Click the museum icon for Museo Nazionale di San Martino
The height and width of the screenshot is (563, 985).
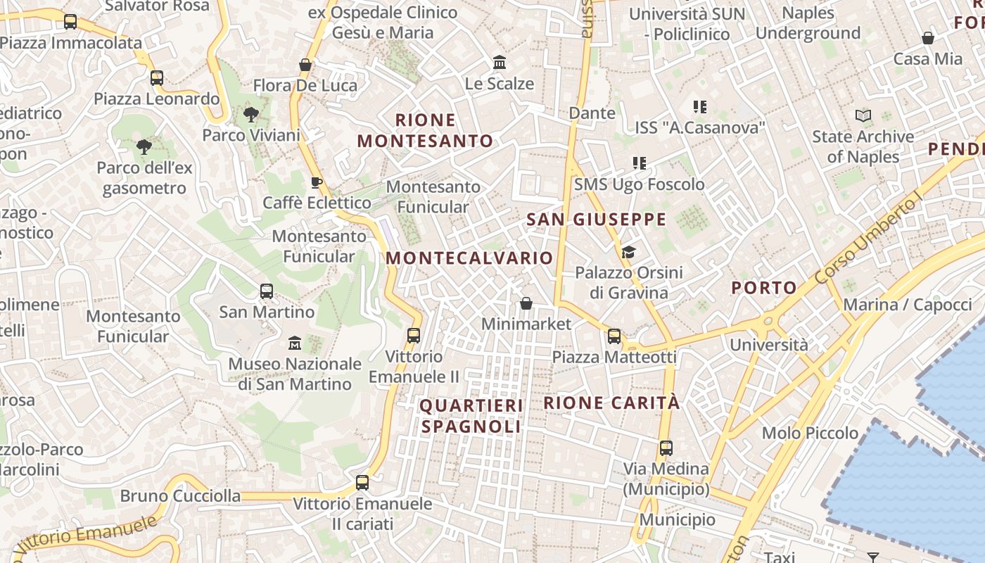pyautogui.click(x=295, y=343)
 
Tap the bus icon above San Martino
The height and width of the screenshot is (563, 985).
pyautogui.click(x=267, y=291)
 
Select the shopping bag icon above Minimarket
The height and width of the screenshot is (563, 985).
pyautogui.click(x=526, y=303)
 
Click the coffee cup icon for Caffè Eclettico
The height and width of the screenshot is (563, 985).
pyautogui.click(x=317, y=182)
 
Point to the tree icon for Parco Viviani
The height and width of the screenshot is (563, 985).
pyautogui.click(x=250, y=115)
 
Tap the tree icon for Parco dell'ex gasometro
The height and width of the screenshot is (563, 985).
pyautogui.click(x=144, y=147)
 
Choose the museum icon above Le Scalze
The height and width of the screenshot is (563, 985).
pyautogui.click(x=500, y=63)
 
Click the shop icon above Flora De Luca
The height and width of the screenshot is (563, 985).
pyautogui.click(x=305, y=65)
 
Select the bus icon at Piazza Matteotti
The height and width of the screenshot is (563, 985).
pyautogui.click(x=614, y=336)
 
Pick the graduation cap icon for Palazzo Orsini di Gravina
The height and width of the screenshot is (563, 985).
pyautogui.click(x=628, y=252)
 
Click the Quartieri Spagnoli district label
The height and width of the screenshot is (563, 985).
pyautogui.click(x=471, y=416)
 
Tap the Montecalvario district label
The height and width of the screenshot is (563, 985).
pyautogui.click(x=469, y=258)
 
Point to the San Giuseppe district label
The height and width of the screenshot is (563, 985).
pyautogui.click(x=596, y=220)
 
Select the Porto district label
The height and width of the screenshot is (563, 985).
pyautogui.click(x=763, y=287)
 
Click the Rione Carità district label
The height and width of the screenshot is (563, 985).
pyautogui.click(x=611, y=403)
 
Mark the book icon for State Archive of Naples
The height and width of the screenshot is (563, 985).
pyautogui.click(x=863, y=115)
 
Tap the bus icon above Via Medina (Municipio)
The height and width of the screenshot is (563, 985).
pyautogui.click(x=666, y=448)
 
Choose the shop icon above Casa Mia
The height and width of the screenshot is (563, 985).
pyautogui.click(x=928, y=38)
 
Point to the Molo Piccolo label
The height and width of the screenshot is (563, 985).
pyautogui.click(x=810, y=433)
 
